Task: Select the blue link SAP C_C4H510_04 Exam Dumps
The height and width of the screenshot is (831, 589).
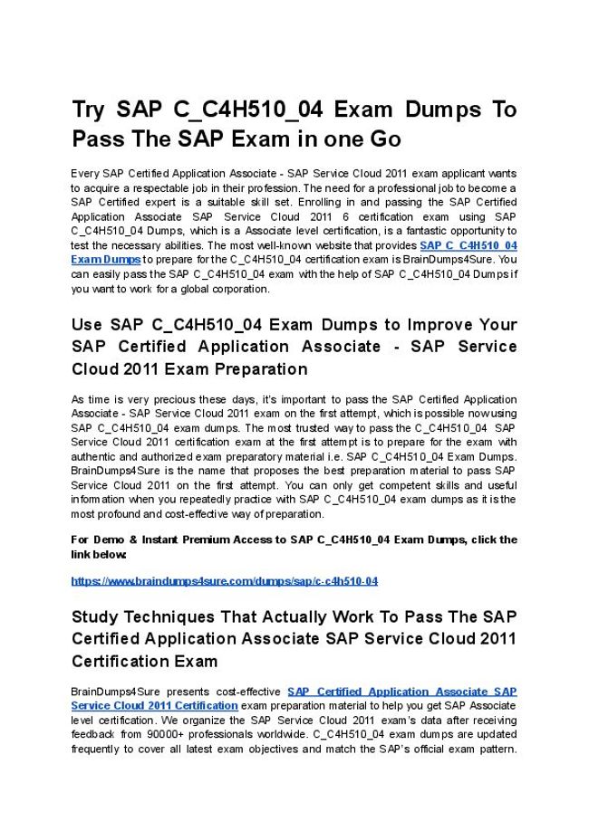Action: pyautogui.click(x=468, y=245)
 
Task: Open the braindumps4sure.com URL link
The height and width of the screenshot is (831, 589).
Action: pyautogui.click(x=224, y=581)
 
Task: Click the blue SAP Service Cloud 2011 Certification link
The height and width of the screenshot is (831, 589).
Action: pyautogui.click(x=154, y=705)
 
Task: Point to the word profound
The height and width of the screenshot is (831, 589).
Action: pyautogui.click(x=122, y=515)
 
